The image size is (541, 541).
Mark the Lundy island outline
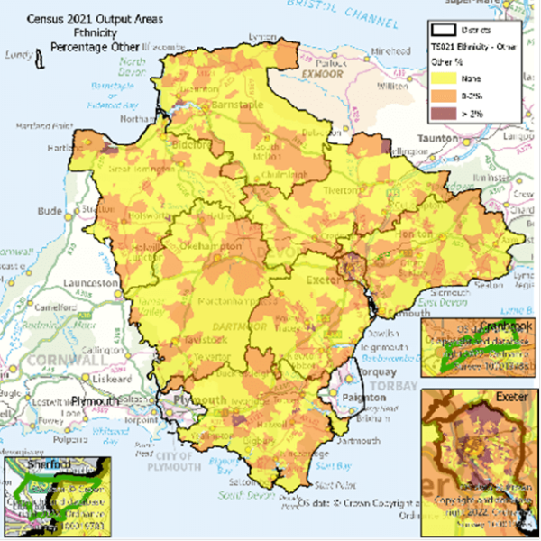coord(40,60)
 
